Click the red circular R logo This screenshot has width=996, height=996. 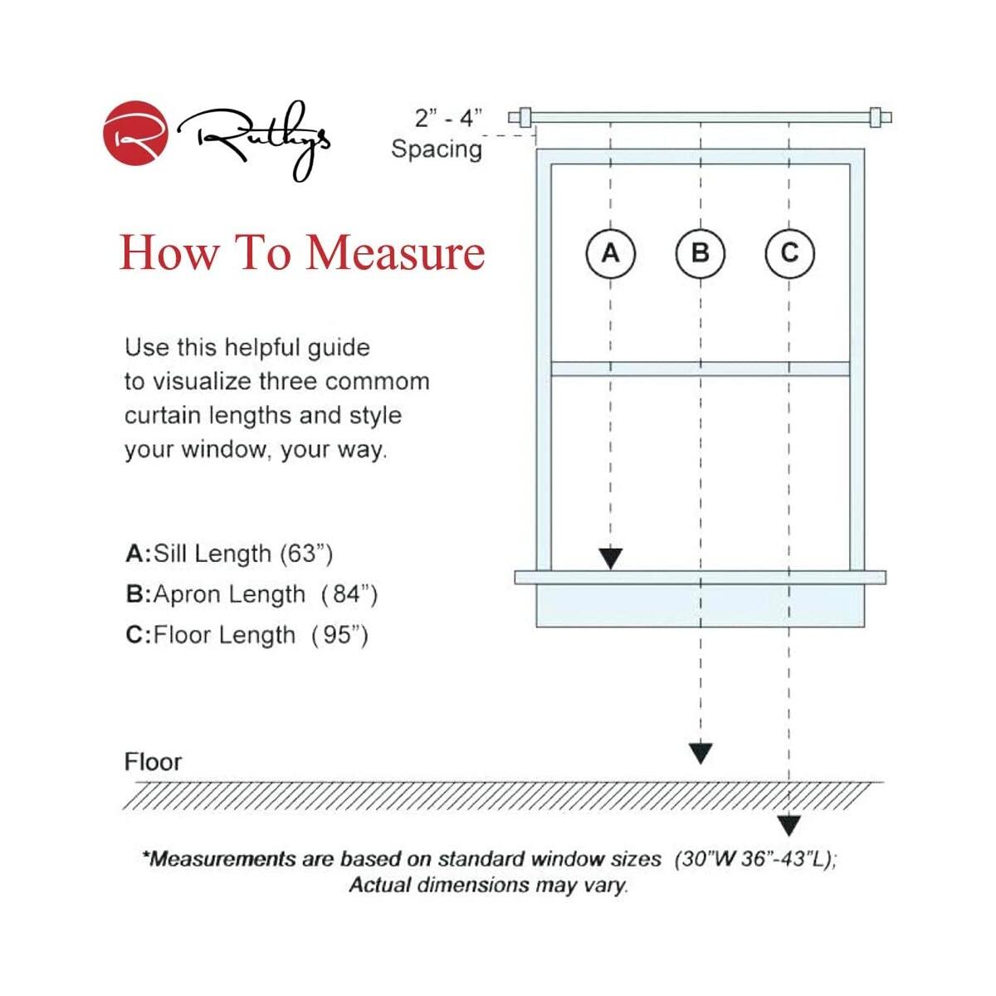135,133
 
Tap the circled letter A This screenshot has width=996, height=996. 610,253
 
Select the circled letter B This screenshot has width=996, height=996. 701,253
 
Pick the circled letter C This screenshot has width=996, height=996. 789,253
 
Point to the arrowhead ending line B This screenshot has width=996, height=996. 701,754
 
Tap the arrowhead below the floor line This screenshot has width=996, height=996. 789,826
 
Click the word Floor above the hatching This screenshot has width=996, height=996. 153,762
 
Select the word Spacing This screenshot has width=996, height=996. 437,150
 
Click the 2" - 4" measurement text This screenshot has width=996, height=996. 448,118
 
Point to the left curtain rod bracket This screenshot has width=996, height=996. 525,118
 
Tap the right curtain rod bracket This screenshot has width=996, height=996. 876,118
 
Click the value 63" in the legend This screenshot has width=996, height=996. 306,554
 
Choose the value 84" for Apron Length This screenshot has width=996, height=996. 350,594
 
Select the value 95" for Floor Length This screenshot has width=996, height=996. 339,635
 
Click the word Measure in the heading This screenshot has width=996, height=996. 395,253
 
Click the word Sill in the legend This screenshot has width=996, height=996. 170,554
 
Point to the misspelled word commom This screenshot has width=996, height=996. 378,382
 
